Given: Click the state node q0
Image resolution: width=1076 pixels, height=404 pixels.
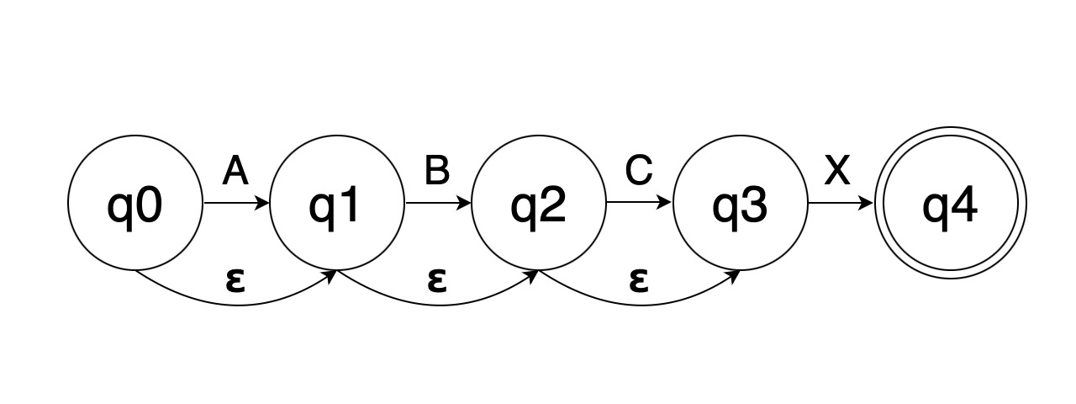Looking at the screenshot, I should tap(135, 203).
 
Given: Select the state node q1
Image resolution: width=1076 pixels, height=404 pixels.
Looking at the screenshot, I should tap(337, 203).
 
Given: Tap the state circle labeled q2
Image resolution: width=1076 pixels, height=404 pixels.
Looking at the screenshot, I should tap(539, 203).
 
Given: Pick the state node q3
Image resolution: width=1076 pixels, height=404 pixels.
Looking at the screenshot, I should tap(740, 203).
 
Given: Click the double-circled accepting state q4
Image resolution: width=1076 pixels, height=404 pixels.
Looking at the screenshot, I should tap(949, 203).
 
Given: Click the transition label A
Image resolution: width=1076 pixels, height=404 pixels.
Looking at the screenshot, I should tap(236, 172).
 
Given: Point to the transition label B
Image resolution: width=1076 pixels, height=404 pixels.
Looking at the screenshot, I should tap(437, 172).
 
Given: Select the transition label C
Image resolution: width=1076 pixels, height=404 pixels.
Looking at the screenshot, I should tap(639, 172).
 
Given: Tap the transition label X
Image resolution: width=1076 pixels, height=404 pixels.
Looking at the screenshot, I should tap(837, 172).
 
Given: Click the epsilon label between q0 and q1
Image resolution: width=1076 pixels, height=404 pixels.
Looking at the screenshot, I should tap(236, 279).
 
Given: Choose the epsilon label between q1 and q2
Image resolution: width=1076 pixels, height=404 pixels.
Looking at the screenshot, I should tap(436, 279).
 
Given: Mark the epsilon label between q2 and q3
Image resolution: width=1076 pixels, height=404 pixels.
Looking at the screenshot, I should tap(638, 279).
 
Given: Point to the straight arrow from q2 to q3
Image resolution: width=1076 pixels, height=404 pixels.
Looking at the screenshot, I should tap(639, 203).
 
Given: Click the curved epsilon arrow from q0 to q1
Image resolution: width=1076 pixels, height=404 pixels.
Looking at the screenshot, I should tap(236, 304).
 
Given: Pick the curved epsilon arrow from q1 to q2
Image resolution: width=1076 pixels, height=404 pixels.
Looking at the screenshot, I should tap(438, 304).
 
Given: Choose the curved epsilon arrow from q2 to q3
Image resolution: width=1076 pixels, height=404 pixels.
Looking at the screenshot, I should tap(640, 304).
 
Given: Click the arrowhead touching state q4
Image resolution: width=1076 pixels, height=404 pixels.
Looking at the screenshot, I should tap(868, 203).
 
